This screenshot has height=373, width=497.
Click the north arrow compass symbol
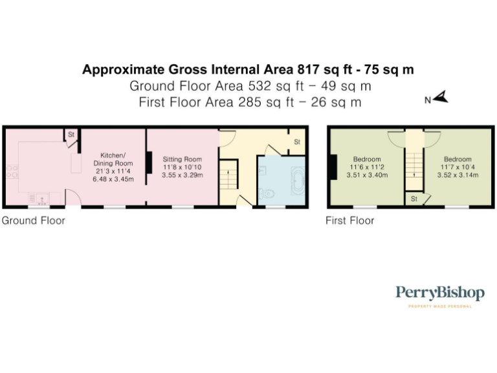441,98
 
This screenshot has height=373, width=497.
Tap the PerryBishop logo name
439,293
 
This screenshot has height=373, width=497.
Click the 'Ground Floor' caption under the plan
33,220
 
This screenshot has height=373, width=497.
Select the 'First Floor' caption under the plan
349,220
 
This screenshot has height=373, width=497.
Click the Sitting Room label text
182,159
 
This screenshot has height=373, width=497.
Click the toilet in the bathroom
267,193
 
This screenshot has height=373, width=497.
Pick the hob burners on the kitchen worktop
12,172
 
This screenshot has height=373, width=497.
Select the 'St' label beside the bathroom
297,141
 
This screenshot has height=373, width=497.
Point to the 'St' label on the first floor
413,199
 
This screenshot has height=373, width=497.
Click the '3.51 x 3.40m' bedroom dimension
367,175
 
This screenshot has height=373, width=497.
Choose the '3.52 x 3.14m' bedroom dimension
458,175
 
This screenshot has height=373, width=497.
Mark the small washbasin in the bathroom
262,170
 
